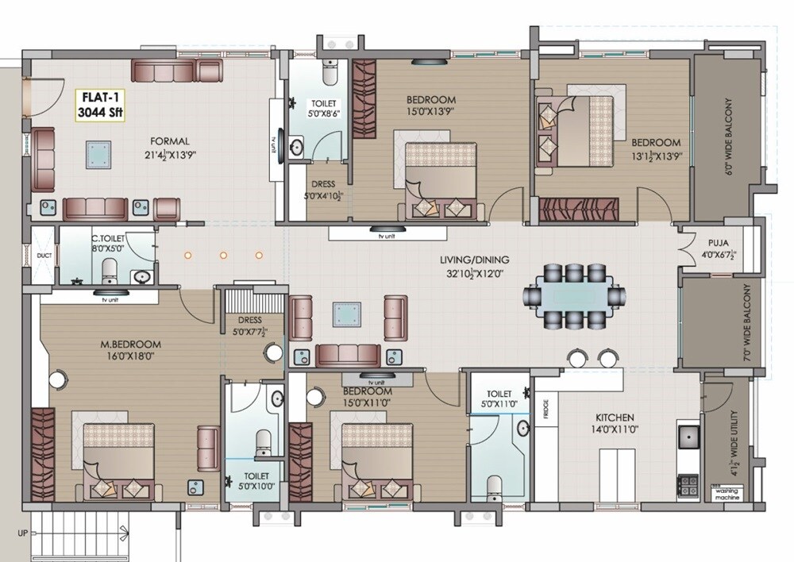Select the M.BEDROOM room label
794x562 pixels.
pos(131,345)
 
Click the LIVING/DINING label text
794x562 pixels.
pos(476,260)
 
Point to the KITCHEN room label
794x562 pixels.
pos(615,418)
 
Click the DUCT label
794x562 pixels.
pos(43,256)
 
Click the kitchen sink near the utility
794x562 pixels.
pos(688,437)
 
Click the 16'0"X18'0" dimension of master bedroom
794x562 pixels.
pos(131,356)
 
